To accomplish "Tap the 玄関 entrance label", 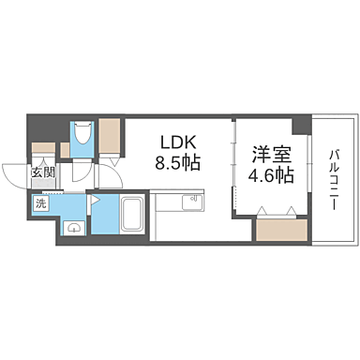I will click(41, 172).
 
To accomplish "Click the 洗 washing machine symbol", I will click(41, 202).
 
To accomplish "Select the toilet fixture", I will click(82, 137).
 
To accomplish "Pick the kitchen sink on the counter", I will click(194, 200).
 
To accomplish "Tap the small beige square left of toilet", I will click(66, 148).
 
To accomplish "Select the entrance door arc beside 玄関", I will click(19, 176).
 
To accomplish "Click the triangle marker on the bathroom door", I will click(95, 200).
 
